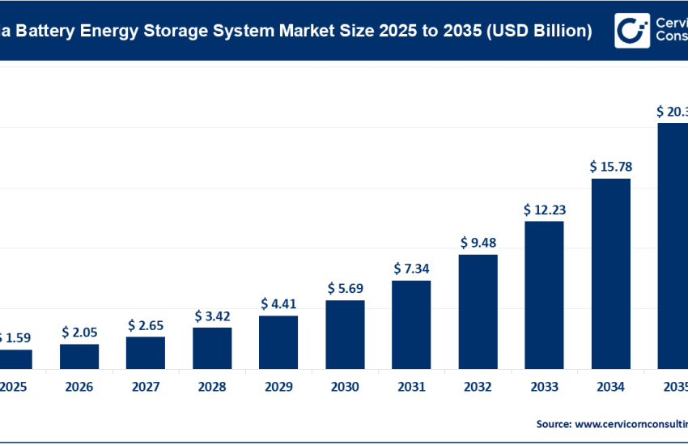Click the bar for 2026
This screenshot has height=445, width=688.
79,356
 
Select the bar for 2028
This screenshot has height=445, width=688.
212,348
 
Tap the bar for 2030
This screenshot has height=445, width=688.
345,334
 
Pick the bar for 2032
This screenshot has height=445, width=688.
478,311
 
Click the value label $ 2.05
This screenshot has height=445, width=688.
79,332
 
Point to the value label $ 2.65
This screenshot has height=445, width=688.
146,324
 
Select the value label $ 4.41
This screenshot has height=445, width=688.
278,304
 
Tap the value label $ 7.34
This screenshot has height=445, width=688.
411,268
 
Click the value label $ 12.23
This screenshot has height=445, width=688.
544,209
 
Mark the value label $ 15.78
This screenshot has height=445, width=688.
610,166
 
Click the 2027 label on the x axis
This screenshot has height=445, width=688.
146,388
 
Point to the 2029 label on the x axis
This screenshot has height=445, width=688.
278,388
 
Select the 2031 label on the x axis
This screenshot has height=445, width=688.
411,388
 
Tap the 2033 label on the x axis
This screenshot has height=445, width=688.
544,388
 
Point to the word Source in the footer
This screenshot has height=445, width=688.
552,423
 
